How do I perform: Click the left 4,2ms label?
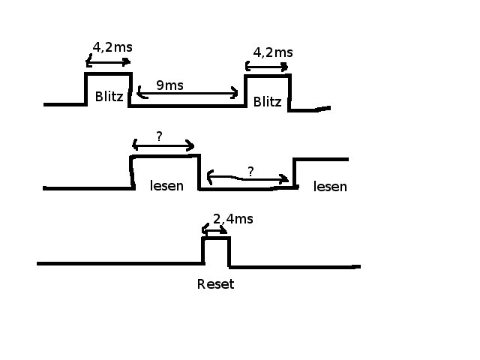112,47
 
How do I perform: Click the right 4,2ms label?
272,52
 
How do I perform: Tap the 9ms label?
169,85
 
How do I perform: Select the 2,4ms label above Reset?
232,219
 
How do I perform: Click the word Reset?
215,284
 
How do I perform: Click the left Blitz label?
109,96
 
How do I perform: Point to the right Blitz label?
268,101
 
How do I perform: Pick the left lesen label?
166,185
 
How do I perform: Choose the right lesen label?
330,186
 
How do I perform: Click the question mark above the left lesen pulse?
159,136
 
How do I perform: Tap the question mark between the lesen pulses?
250,172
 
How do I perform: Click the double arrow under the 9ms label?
188,94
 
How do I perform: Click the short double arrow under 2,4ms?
215,230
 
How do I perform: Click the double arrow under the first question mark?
163,145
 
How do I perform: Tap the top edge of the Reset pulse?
217,238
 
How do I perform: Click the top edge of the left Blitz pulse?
109,73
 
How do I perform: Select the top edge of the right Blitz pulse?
268,75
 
